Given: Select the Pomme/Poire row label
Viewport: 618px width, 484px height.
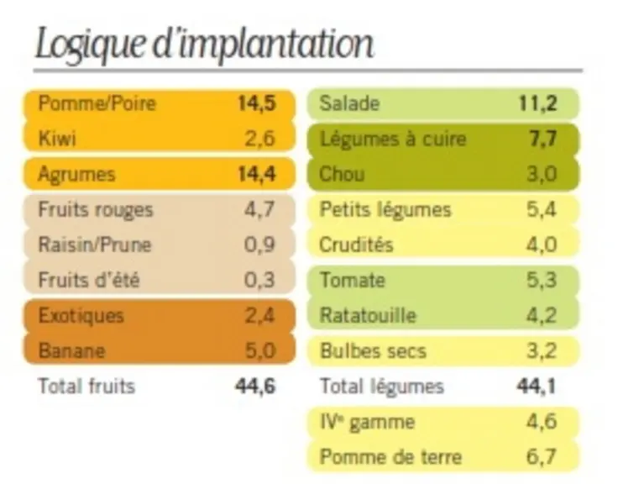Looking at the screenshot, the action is point(97,103).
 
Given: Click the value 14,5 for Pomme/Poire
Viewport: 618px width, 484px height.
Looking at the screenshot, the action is point(257,103).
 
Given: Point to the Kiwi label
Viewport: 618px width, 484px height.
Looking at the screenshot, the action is point(57,139).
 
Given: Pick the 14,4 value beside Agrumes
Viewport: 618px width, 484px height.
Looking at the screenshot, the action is point(257,174).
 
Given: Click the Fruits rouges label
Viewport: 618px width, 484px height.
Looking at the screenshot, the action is point(96,209).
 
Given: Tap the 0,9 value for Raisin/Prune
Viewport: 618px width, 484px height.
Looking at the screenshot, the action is point(259,245).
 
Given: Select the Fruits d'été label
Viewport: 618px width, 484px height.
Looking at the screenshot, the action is point(89,280).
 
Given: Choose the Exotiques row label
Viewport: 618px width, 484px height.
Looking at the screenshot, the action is point(81,315).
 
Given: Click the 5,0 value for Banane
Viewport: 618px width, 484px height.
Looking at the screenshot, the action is point(260,350).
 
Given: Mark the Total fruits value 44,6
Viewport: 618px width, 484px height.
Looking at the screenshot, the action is point(255,386).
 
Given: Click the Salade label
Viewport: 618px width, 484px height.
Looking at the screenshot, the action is point(349,103).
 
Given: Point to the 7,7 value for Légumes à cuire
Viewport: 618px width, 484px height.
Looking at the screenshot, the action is point(542,139).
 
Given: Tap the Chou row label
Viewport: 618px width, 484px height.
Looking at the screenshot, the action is point(342,174).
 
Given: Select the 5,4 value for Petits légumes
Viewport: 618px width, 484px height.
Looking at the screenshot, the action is point(542,209).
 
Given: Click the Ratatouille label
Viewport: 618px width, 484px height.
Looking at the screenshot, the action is point(368,315).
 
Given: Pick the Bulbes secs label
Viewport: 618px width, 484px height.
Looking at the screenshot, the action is point(374,350).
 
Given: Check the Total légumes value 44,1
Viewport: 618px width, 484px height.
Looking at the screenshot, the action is point(537,386).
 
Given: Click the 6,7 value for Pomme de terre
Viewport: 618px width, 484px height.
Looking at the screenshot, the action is point(542,456).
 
